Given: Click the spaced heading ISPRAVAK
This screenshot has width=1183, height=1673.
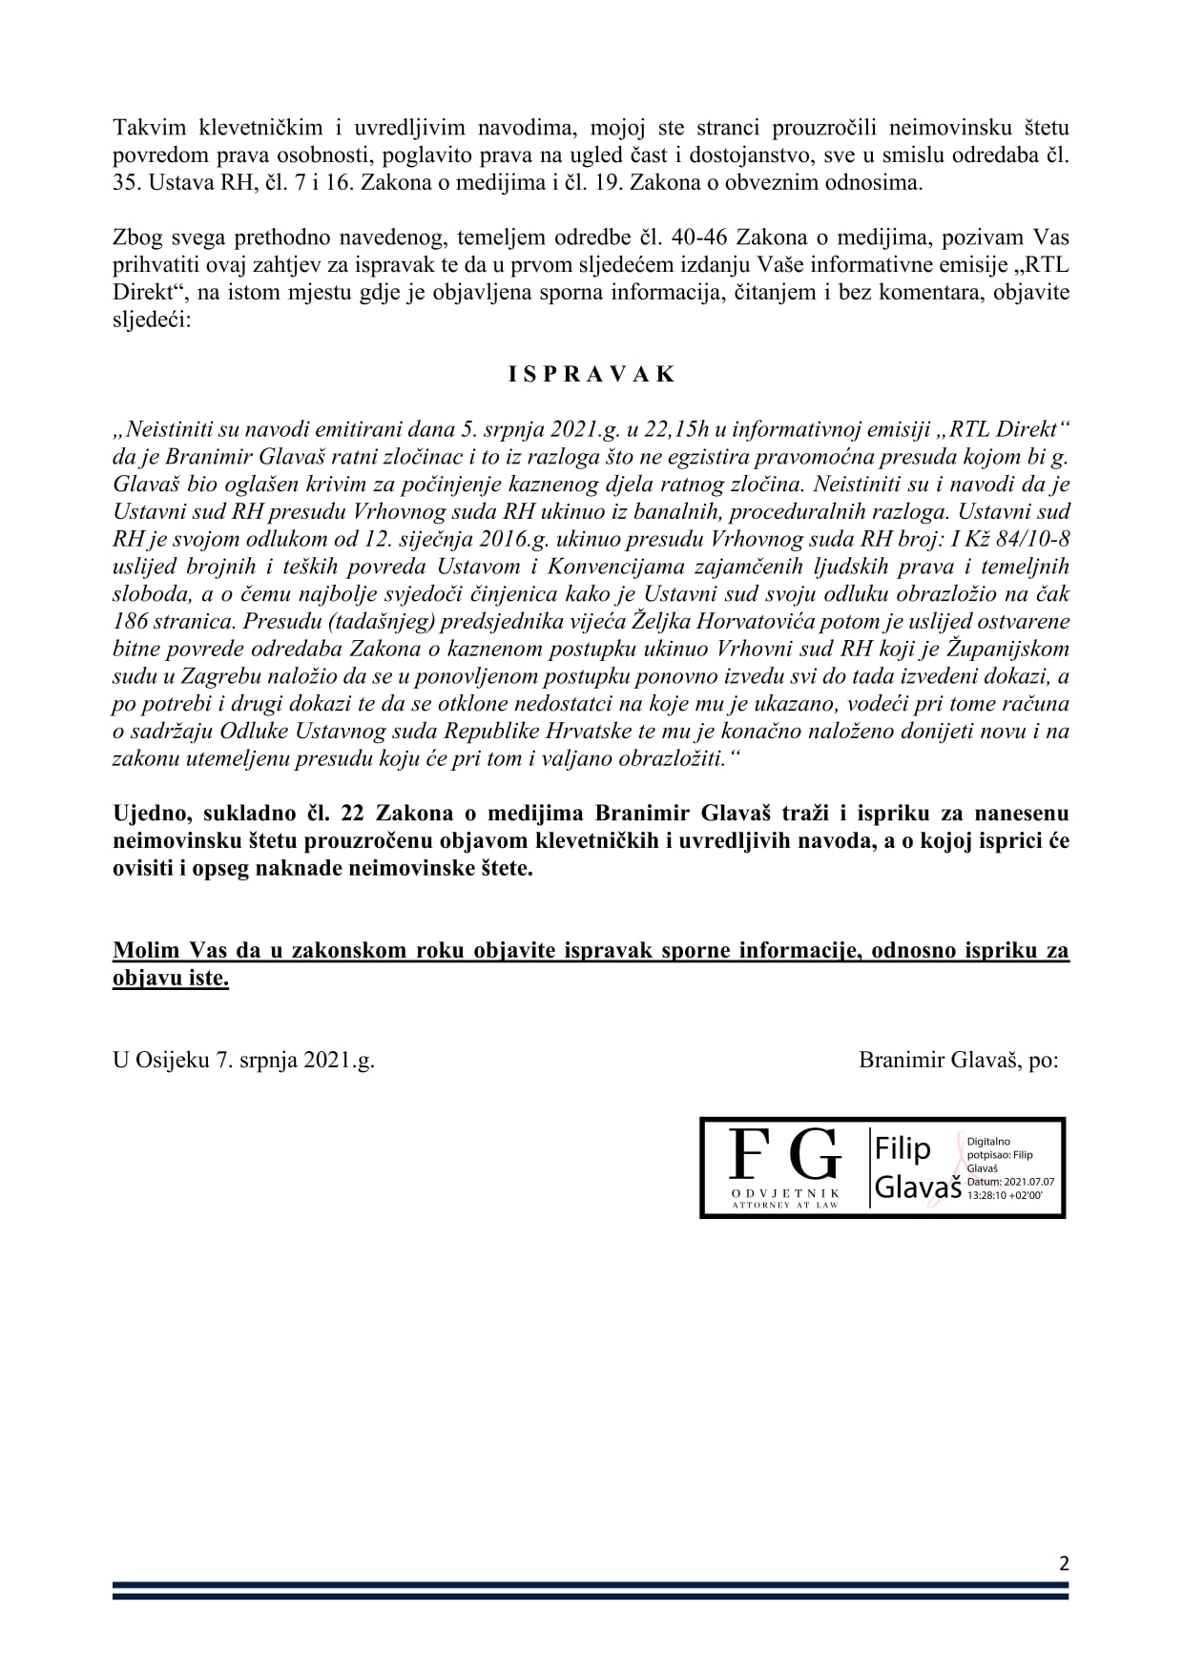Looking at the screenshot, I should coord(591,374).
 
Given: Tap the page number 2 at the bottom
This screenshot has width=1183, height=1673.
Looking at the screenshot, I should coord(1064,1563).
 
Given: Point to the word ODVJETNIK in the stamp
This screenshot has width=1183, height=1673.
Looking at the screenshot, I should coord(785,1193).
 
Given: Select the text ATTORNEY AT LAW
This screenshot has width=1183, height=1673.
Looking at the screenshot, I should coord(785,1206).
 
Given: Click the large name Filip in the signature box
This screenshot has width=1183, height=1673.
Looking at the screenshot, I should coord(903,1149).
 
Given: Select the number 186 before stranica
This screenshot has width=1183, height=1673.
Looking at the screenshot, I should coord(130,621).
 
